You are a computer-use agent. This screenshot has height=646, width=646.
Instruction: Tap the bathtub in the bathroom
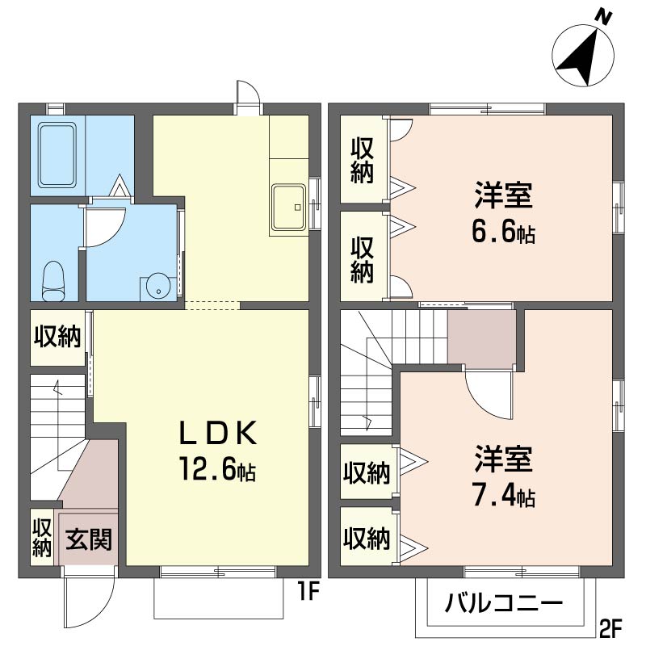[57, 154]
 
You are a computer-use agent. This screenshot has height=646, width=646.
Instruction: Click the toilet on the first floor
[53, 280]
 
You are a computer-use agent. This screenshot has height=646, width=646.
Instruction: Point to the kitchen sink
[288, 207]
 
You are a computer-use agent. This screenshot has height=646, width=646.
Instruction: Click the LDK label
[218, 434]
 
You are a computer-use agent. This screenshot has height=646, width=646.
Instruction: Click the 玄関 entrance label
[89, 539]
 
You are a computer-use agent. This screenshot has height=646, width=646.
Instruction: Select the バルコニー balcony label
[503, 603]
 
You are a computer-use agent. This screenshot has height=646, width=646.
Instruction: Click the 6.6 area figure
[503, 232]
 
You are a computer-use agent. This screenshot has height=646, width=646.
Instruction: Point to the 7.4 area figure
[503, 496]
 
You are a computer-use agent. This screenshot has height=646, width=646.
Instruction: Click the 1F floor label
[308, 593]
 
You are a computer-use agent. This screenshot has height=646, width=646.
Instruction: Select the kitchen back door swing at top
[248, 93]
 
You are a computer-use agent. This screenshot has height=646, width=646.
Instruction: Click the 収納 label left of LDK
[57, 337]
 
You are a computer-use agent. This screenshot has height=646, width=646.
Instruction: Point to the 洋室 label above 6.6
[503, 195]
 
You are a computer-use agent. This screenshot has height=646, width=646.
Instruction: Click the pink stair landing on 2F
[481, 338]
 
